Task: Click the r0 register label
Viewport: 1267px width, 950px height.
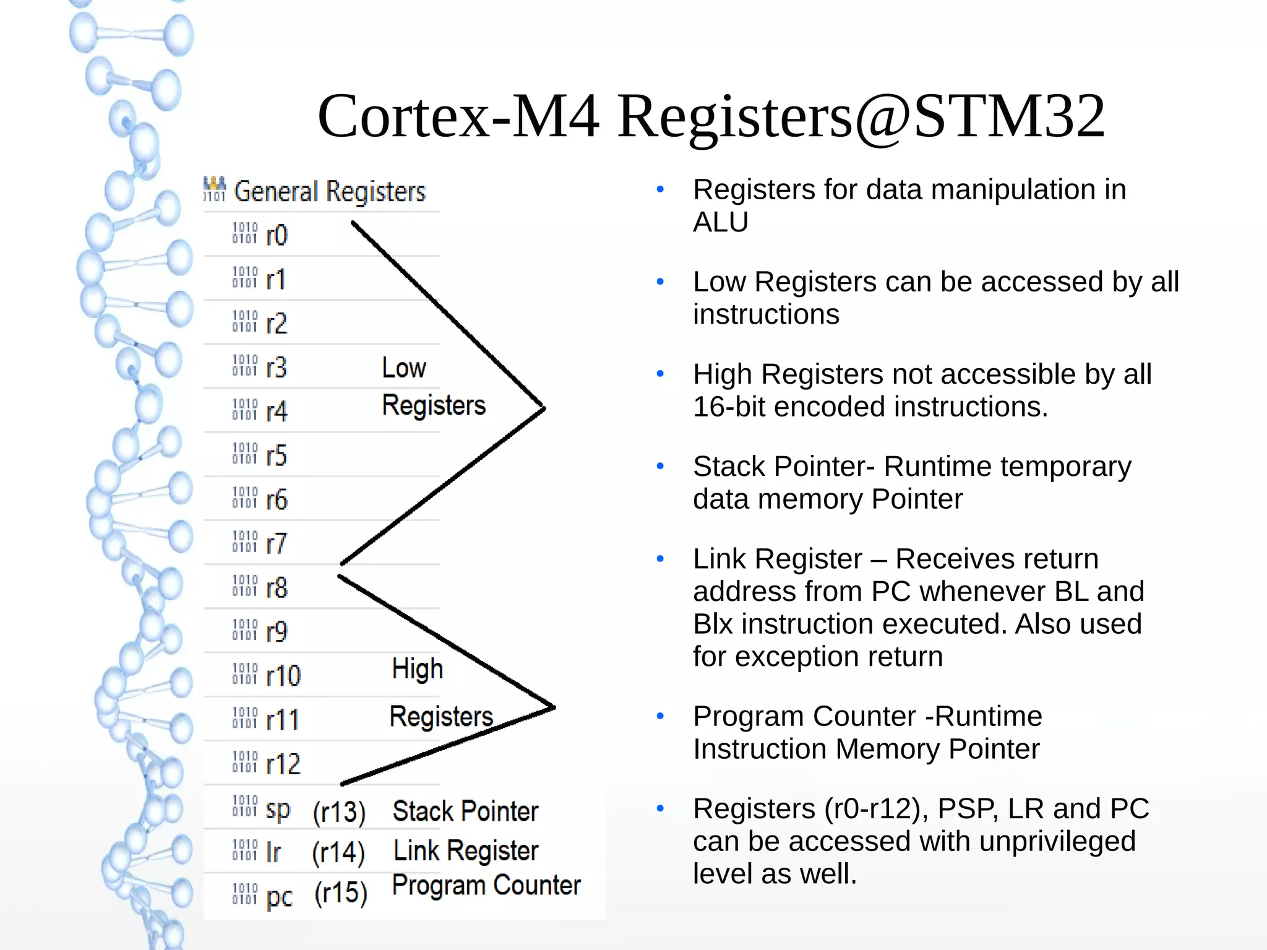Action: click(277, 235)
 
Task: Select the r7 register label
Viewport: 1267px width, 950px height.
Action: click(277, 543)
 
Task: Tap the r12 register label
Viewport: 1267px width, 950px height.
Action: click(283, 764)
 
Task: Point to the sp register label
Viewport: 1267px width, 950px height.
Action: click(278, 810)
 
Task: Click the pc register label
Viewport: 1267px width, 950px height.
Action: click(279, 896)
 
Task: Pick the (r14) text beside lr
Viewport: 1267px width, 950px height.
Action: click(338, 852)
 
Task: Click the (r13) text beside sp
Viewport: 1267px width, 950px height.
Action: click(339, 812)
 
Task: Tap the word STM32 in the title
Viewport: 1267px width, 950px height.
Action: click(1008, 116)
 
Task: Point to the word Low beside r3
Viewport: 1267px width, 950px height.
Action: click(403, 368)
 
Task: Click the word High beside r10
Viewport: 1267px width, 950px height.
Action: click(418, 669)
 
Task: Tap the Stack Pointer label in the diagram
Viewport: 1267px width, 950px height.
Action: click(465, 811)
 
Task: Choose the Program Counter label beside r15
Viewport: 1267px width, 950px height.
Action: click(486, 885)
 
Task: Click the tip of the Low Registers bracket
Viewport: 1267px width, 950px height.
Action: click(543, 408)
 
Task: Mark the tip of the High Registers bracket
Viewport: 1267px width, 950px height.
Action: click(553, 707)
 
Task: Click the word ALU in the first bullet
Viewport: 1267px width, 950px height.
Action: click(720, 222)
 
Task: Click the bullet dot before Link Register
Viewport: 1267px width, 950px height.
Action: click(660, 559)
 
